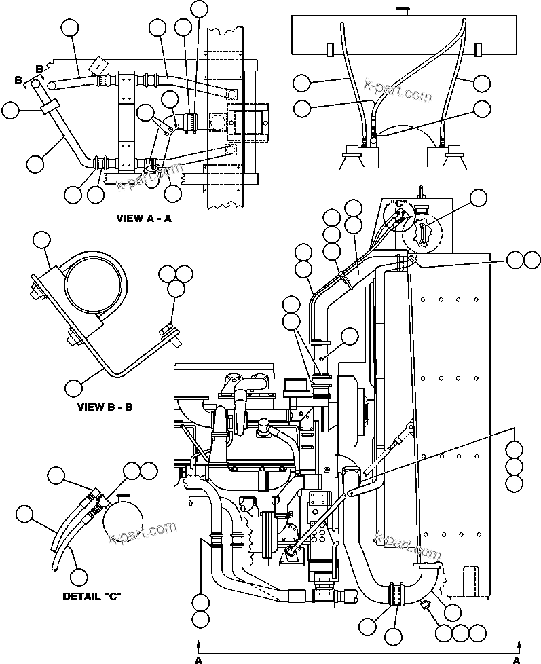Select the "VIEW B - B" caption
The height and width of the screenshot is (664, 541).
coord(105,408)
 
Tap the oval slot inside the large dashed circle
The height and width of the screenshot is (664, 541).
coord(421,235)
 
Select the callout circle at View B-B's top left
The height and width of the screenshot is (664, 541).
coord(42,240)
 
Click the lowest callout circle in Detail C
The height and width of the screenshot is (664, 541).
coord(79,577)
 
